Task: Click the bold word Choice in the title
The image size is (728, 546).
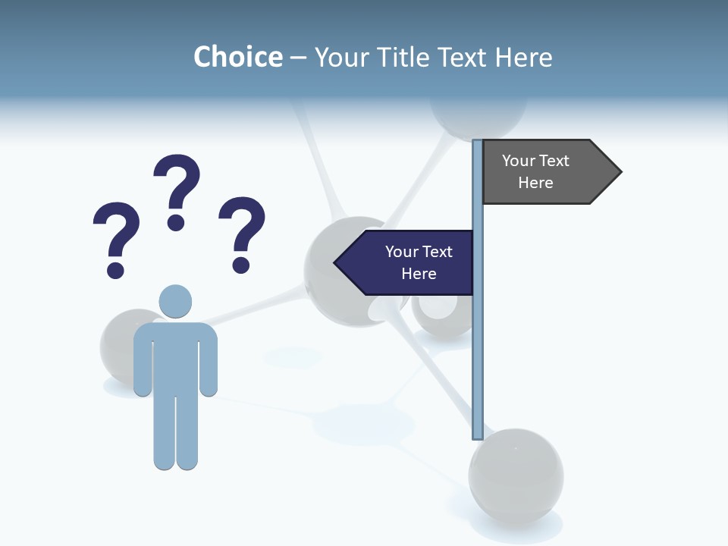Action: pos(237,57)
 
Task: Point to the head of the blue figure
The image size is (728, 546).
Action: pos(175,301)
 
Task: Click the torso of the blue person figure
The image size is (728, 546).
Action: pos(175,356)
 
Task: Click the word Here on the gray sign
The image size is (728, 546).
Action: pos(535,183)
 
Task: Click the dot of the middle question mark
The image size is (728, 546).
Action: pos(176,222)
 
